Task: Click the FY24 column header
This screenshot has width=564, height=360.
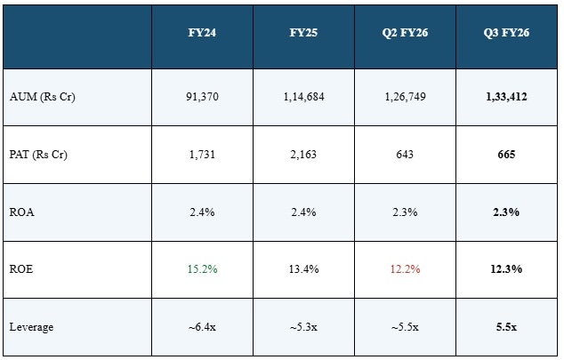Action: pyautogui.click(x=203, y=33)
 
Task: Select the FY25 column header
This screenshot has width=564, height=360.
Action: pyautogui.click(x=305, y=33)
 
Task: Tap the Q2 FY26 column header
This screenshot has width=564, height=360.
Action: pyautogui.click(x=406, y=33)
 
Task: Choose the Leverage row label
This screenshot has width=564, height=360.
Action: pyautogui.click(x=32, y=327)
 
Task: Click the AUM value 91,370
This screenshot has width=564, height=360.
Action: pyautogui.click(x=203, y=96)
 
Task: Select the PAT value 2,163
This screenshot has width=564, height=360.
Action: pyautogui.click(x=305, y=154)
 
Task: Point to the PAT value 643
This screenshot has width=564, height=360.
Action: pyautogui.click(x=406, y=154)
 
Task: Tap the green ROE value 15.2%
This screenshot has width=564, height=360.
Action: pyautogui.click(x=203, y=269)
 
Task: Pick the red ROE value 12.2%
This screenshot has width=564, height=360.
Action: pyautogui.click(x=406, y=269)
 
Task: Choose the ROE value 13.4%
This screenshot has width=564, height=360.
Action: pyautogui.click(x=305, y=269)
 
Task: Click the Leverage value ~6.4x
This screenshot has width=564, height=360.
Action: pyautogui.click(x=203, y=327)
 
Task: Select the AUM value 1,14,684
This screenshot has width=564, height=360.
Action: pyautogui.click(x=305, y=96)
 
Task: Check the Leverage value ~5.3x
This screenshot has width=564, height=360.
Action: pyautogui.click(x=305, y=327)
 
